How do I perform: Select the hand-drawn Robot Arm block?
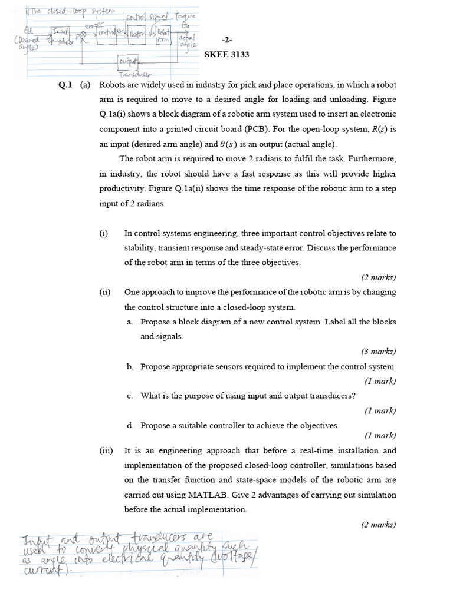coord(163,35)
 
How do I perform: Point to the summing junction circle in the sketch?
coord(84,35)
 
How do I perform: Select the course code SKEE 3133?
coord(226,55)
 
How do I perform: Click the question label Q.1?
coord(65,84)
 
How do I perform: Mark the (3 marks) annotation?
coord(378,352)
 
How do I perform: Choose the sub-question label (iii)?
coord(106,450)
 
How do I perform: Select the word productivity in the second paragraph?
coord(123,188)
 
